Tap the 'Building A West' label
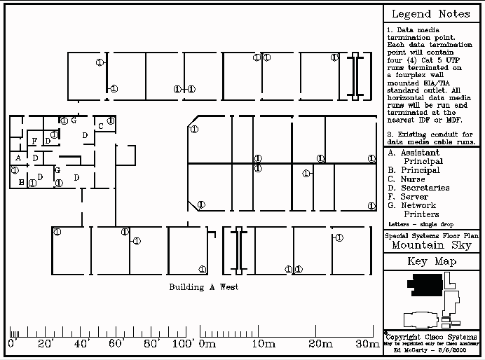203,287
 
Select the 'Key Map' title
432,262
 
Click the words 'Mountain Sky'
432,245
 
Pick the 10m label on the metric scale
263,344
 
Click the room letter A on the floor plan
18,158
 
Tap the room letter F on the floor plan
34,141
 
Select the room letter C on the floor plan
100,126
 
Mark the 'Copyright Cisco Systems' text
434,337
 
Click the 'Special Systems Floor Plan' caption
432,236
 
